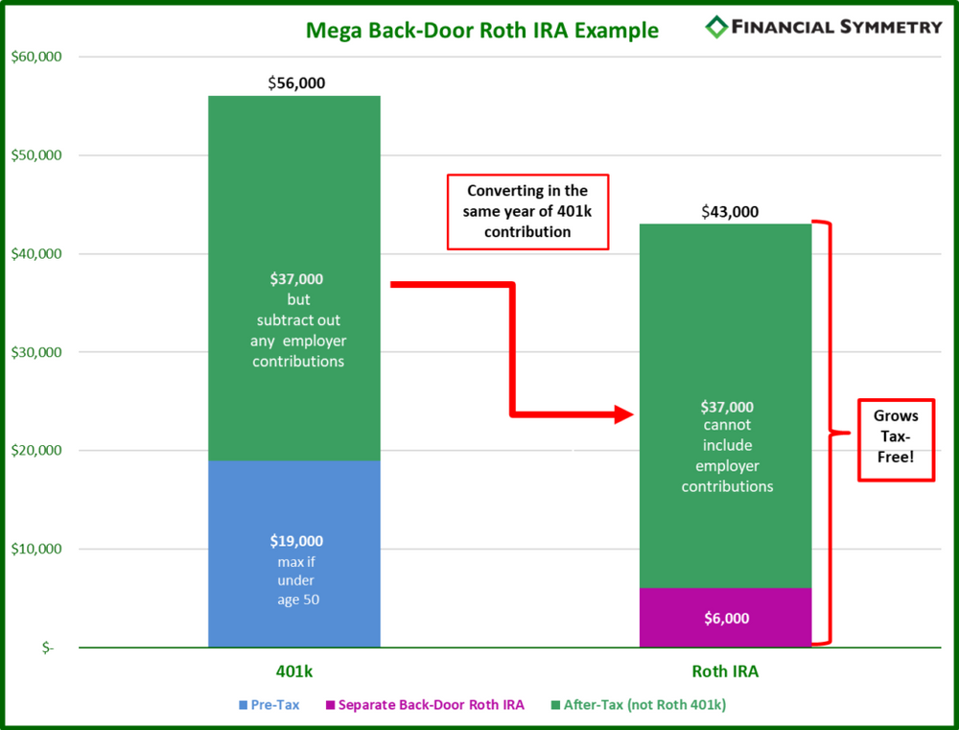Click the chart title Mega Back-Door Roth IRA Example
481,30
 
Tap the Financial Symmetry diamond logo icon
715,27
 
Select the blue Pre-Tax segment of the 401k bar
294,553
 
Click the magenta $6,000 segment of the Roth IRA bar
725,618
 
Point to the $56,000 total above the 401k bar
296,83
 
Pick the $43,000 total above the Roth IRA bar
729,211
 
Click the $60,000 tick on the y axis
35,57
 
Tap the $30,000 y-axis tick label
35,352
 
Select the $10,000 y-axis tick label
35,549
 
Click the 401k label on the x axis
294,671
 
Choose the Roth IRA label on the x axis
726,671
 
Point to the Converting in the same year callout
526,211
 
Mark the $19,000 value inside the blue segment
296,541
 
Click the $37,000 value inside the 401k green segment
296,279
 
